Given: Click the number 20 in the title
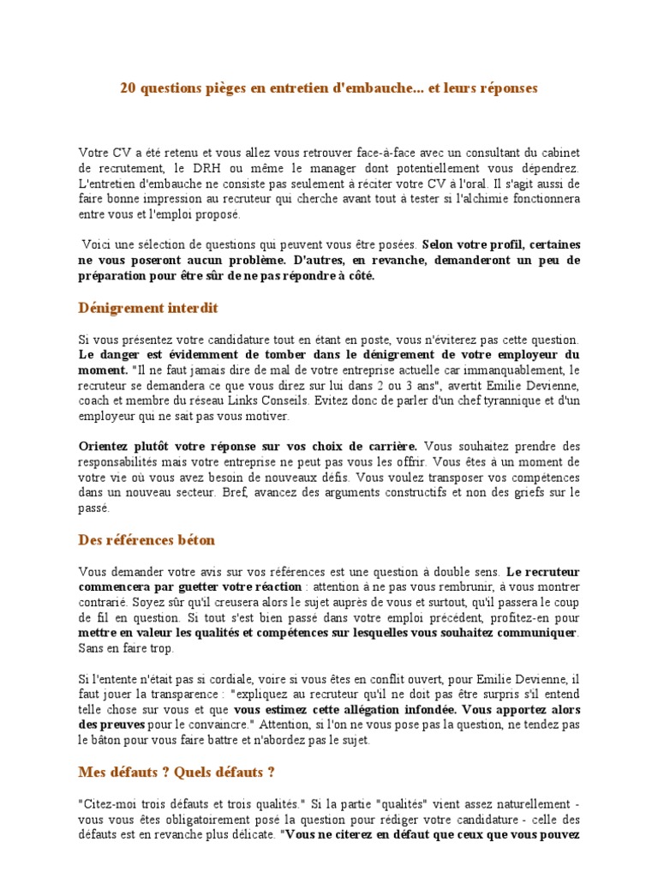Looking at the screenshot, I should point(128,88).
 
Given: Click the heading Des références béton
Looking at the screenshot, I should point(147,540).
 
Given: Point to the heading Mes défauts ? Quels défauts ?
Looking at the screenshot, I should point(176,773).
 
